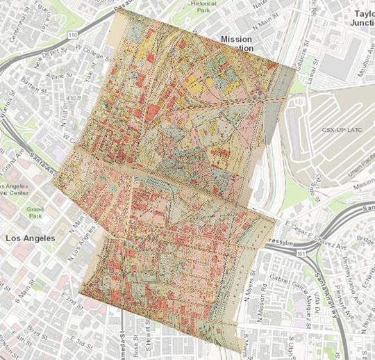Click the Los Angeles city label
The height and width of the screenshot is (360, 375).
(31, 238)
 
